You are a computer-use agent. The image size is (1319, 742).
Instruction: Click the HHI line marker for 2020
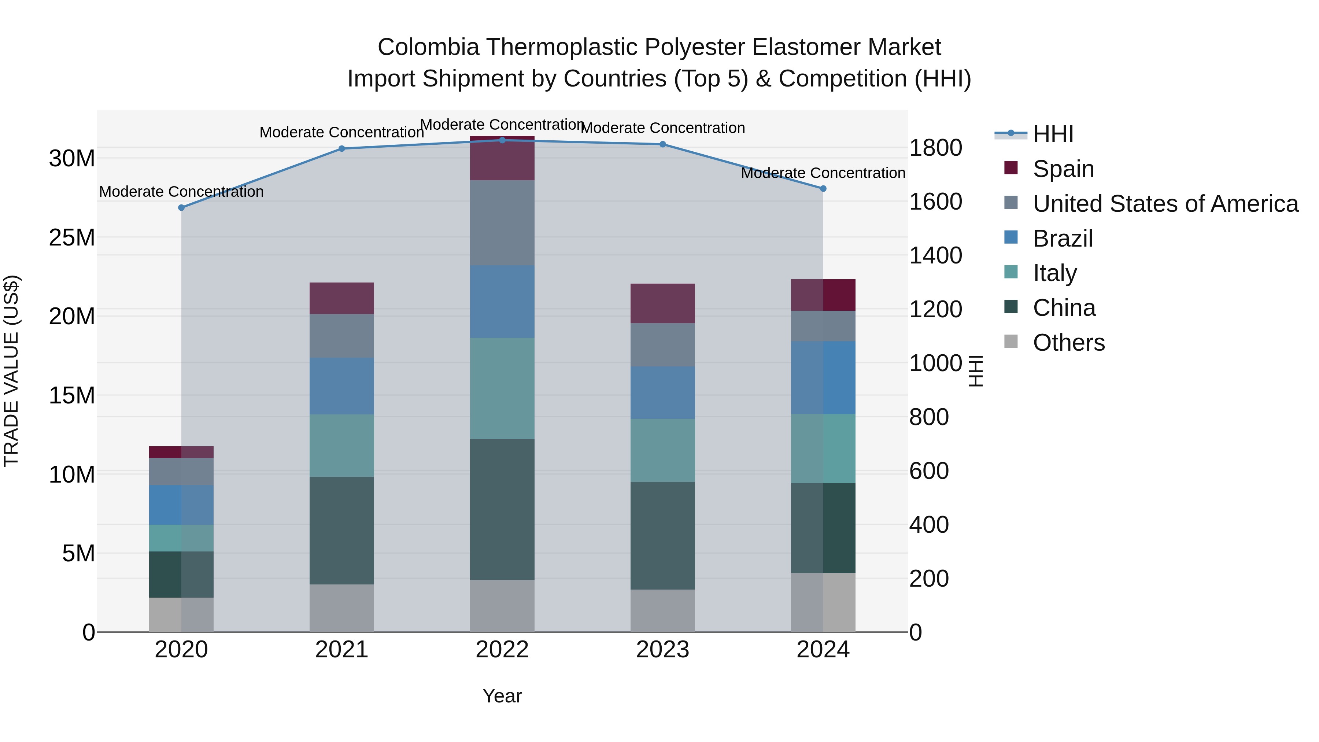click(181, 207)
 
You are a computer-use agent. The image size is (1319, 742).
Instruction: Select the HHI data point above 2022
click(502, 140)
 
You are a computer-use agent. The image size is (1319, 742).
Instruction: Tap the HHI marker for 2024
click(823, 188)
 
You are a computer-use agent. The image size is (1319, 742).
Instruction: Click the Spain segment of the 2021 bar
click(341, 298)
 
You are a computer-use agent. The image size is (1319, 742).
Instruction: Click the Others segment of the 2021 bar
click(341, 608)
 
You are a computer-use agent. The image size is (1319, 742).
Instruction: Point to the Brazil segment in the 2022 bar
click(502, 301)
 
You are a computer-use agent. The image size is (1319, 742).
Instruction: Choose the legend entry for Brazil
click(1063, 239)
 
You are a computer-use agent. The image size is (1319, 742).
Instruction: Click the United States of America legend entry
click(1165, 204)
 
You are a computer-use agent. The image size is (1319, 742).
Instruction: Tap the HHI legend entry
click(1053, 134)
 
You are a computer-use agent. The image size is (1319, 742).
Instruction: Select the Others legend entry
click(1069, 343)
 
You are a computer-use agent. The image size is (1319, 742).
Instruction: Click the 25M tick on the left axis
click(72, 237)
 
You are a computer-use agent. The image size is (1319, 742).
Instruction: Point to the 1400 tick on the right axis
click(935, 255)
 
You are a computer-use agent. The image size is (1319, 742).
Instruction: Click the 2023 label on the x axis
click(662, 650)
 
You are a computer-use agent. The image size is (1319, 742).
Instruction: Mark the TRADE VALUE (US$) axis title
click(11, 371)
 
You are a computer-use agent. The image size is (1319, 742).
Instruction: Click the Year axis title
click(502, 696)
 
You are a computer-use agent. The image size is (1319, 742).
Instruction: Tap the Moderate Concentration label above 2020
click(181, 192)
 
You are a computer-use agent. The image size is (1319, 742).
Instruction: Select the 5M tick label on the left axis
click(78, 553)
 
